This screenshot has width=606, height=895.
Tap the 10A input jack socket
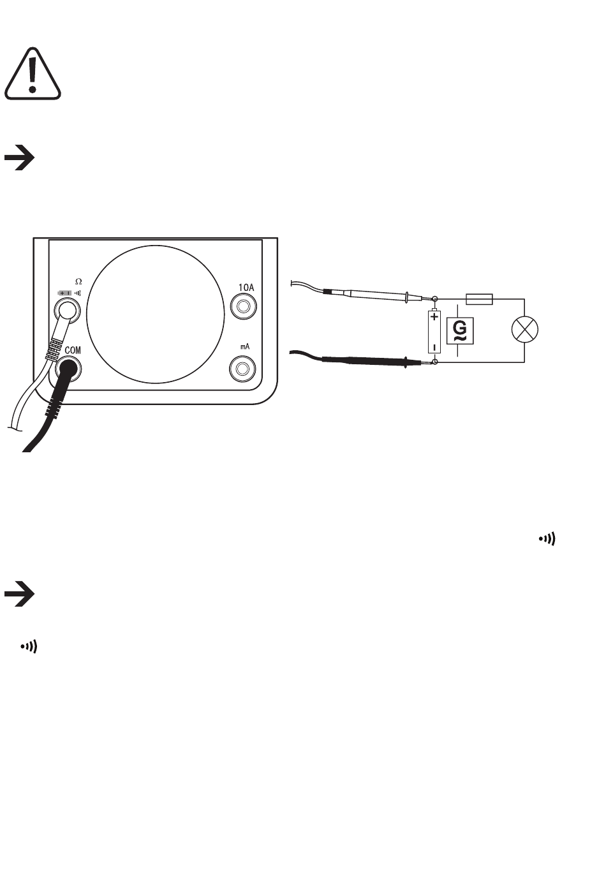(x=242, y=308)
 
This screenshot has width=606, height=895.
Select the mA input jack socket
(x=242, y=369)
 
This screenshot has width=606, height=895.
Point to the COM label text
(x=73, y=351)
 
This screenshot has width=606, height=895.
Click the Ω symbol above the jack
(x=78, y=281)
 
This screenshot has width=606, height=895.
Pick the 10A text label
(x=246, y=288)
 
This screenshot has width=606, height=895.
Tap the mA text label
(x=244, y=345)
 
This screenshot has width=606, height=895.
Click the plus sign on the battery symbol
(x=434, y=316)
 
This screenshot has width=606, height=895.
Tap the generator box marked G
(x=459, y=330)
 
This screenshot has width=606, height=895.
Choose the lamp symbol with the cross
(x=525, y=330)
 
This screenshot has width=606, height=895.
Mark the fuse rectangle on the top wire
(x=480, y=299)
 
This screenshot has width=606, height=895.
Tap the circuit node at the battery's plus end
(x=435, y=299)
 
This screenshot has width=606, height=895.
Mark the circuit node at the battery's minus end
(x=435, y=362)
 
